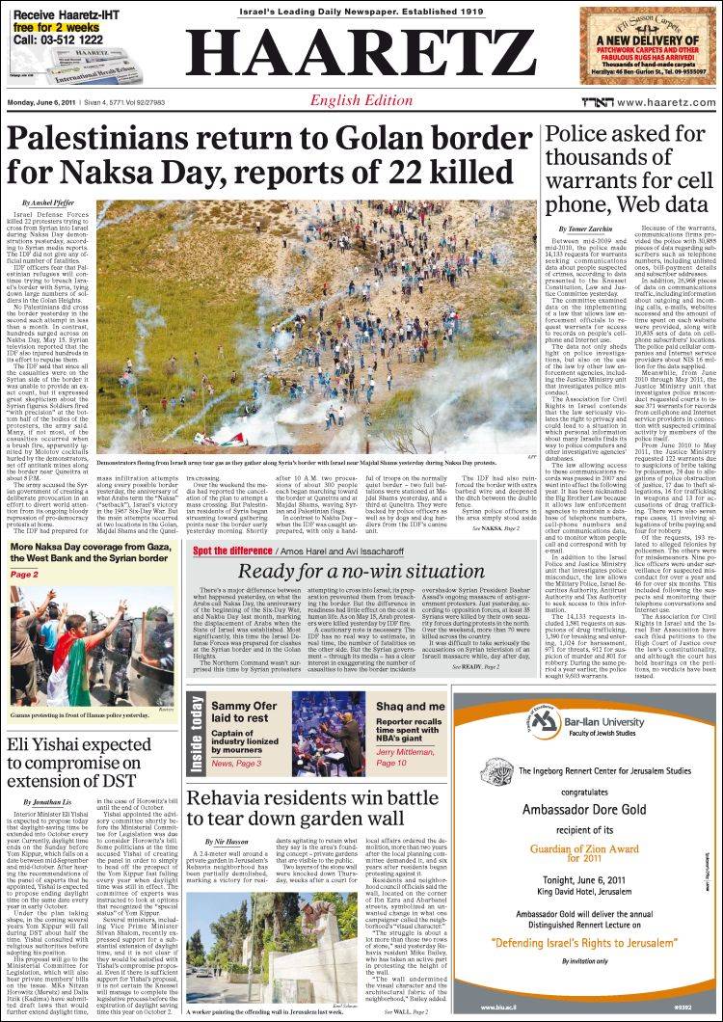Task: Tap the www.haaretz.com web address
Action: click(x=666, y=103)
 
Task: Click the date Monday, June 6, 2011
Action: click(x=42, y=103)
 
